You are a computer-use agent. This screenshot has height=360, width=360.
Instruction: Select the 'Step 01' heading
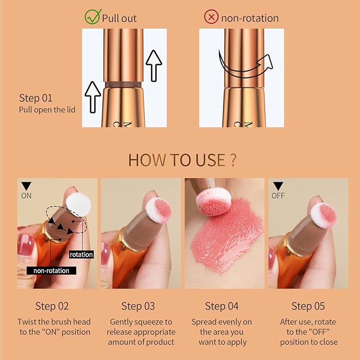36,98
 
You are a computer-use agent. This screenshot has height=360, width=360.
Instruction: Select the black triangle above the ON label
26,186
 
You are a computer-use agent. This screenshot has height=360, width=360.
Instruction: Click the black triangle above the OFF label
278,186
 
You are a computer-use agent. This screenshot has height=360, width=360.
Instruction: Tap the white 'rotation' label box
81,254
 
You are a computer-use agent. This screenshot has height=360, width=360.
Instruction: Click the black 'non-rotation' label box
51,270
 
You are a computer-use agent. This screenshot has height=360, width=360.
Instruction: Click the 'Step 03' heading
138,306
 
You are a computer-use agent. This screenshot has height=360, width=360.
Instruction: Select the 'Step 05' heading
309,306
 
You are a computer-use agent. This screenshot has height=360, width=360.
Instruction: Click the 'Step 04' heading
222,306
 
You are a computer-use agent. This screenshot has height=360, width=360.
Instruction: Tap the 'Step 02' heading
52,306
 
